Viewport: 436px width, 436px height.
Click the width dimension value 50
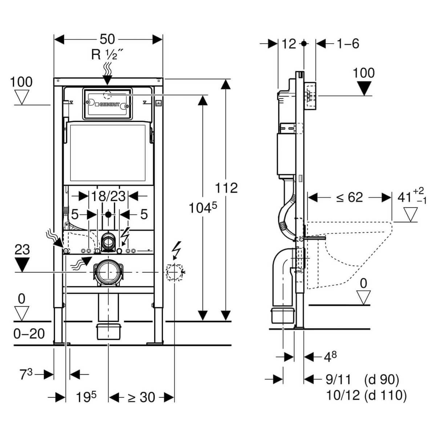(x=107, y=39)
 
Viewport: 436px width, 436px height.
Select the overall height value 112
(x=226, y=188)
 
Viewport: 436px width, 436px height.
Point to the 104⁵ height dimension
(x=202, y=208)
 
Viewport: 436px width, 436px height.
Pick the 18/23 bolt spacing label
(x=108, y=197)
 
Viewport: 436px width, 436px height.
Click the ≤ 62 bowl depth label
(x=344, y=197)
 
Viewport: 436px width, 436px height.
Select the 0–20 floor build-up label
(x=29, y=333)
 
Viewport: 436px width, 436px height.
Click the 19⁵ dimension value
(x=86, y=397)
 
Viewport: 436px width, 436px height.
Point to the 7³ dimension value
(x=26, y=374)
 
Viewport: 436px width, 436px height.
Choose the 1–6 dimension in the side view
(x=347, y=44)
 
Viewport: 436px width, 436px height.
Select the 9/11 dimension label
(x=338, y=380)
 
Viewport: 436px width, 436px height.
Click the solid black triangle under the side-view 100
(x=364, y=88)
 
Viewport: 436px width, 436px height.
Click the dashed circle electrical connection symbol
(x=174, y=272)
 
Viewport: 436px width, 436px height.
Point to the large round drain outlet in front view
(x=108, y=272)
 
